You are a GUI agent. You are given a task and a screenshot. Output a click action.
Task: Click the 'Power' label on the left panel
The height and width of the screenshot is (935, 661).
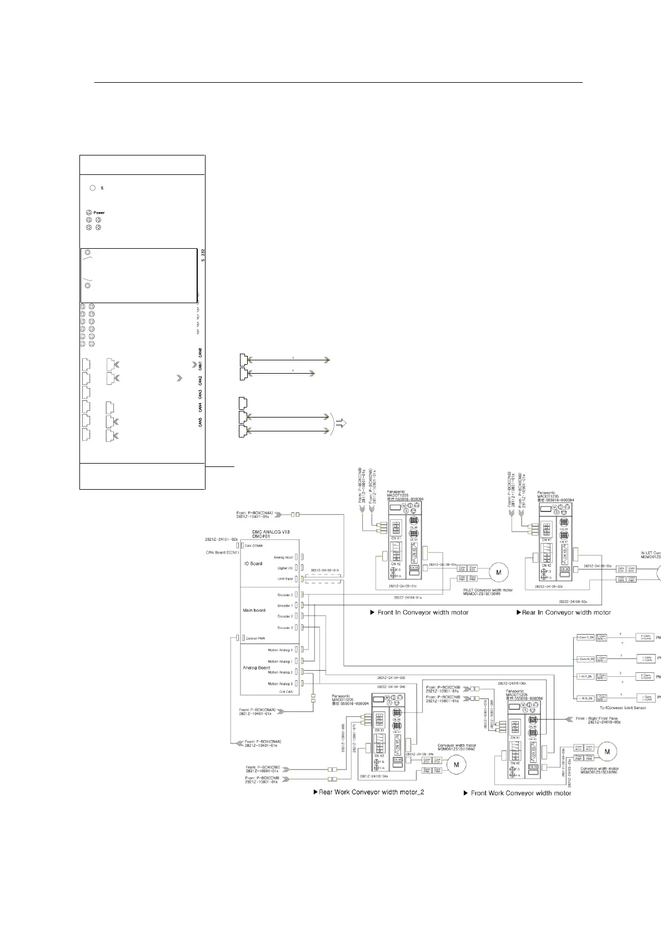pos(99,213)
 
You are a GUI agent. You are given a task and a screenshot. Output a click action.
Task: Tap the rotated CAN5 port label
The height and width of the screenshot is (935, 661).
pos(200,422)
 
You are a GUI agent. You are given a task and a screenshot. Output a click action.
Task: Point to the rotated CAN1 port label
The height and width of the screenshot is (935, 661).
pos(200,366)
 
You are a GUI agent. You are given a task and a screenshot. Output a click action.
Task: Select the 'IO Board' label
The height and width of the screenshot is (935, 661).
pos(253,564)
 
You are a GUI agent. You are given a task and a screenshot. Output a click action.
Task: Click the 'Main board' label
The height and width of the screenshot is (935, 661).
pos(254,610)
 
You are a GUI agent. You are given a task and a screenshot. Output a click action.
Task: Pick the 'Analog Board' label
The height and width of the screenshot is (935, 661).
pos(256,667)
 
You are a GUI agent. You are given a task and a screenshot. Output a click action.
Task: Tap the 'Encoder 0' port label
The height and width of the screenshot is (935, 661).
pos(285,595)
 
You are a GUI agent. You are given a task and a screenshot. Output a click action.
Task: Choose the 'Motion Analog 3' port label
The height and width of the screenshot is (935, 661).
pos(280,683)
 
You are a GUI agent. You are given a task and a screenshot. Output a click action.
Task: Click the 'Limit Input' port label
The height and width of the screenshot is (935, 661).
pos(285,579)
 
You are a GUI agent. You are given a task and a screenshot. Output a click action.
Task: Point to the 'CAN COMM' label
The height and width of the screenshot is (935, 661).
pos(254,546)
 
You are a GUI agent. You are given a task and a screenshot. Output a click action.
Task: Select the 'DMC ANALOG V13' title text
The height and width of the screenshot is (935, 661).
pos(271,532)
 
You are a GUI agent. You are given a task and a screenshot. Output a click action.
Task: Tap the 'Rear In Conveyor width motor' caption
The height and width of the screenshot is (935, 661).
pos(566,612)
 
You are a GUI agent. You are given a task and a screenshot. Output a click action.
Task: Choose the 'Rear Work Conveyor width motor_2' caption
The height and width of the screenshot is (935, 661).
pos(371,792)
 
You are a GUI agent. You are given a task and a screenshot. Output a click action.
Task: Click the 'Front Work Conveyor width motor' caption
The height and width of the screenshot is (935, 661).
pos(520,793)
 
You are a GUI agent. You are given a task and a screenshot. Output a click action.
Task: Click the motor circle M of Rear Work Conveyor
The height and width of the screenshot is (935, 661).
pos(457,765)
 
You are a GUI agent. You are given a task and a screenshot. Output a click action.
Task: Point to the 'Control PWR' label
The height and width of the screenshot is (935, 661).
pos(255,639)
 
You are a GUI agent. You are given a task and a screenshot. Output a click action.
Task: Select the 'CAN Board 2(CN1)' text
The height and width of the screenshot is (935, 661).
pos(222,552)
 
